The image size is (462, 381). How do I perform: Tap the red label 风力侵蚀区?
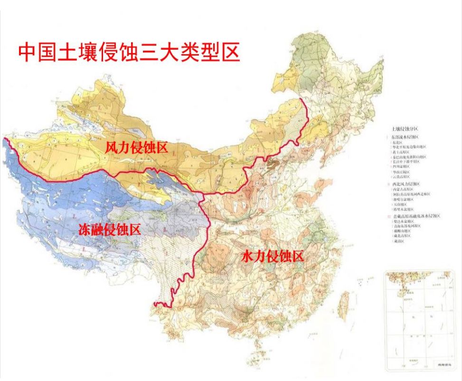coord(137,148)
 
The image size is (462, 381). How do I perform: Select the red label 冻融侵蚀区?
coord(110,231)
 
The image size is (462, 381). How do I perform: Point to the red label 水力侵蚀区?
coord(272,257)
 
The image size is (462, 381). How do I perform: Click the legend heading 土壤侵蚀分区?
coord(405,129)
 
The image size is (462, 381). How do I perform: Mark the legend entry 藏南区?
coord(398,241)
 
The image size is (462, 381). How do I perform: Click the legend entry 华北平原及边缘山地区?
coord(409,147)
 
